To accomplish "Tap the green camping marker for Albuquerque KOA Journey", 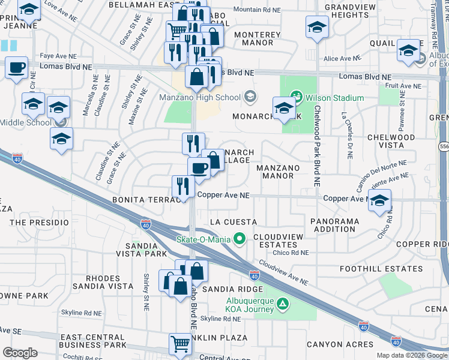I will click(x=281, y=305).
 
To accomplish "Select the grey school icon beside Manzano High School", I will click(x=250, y=97).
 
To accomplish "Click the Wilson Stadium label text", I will click(x=334, y=98).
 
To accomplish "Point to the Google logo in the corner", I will click(x=20, y=352).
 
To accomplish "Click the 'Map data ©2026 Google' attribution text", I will click(x=412, y=355).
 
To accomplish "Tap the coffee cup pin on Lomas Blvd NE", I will click(x=16, y=67).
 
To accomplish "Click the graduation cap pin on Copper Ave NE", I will click(x=379, y=202).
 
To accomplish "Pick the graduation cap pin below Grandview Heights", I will click(x=317, y=27).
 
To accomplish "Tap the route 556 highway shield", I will click(x=444, y=146).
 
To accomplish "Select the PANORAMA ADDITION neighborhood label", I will click(x=334, y=225).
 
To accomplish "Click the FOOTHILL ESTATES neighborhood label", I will click(x=370, y=269).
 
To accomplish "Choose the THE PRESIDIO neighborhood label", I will click(x=39, y=222).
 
